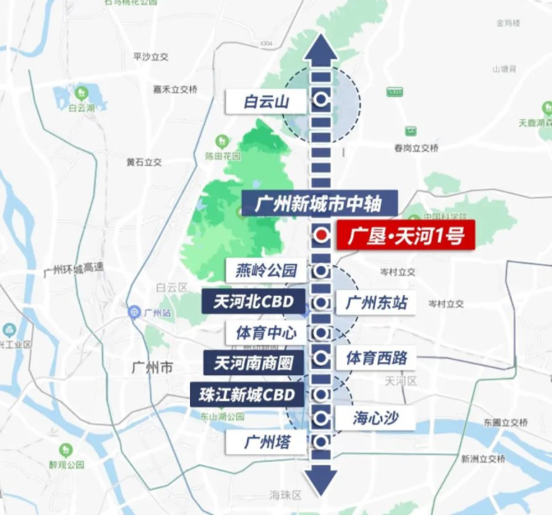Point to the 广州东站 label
coord(377,302)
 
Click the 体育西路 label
coord(377,357)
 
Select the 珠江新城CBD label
coord(248,393)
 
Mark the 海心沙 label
coord(377,418)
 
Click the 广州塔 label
coord(266,442)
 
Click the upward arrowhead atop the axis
coord(321,48)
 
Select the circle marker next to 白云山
coord(321,101)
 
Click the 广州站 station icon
coord(134,312)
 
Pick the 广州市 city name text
coord(152,367)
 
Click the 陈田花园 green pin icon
coord(220,141)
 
